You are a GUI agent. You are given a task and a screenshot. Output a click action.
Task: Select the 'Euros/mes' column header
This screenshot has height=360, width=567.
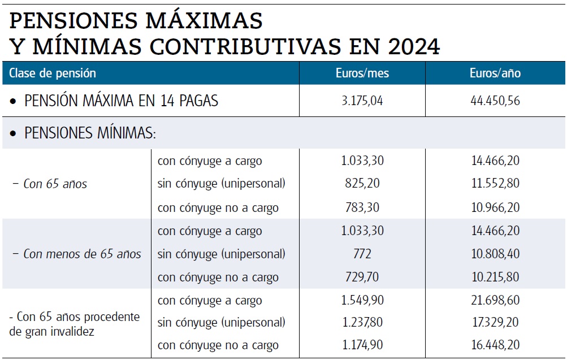pos(362,73)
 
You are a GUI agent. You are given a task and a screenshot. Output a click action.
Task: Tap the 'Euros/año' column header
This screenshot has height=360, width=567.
pos(495,73)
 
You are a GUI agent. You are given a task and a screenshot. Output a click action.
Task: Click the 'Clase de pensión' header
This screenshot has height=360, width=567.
pos(53,73)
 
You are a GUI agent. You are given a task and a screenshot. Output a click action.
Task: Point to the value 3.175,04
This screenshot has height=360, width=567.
pos(362,101)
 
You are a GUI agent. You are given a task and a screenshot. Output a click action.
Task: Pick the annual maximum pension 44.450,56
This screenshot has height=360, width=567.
pos(495,101)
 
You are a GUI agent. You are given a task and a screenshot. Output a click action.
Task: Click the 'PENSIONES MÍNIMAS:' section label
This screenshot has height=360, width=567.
pos(90,133)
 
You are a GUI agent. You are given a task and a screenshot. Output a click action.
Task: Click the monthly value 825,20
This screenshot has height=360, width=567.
pos(362,184)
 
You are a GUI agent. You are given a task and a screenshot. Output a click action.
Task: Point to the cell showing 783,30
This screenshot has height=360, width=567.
pos(362,207)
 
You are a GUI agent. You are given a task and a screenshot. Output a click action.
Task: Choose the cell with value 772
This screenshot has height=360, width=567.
pos(362,254)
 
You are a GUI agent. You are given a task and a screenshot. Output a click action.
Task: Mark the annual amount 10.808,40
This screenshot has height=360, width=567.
pos(495,254)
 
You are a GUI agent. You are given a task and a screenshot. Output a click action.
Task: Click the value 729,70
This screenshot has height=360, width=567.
pos(362,277)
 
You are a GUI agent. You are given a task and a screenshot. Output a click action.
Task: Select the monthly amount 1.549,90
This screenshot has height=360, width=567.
pos(362,301)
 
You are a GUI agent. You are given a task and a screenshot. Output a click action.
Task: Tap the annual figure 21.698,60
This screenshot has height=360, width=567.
pos(495,301)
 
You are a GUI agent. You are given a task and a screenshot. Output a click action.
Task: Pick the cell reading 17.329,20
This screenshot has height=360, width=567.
pos(495,323)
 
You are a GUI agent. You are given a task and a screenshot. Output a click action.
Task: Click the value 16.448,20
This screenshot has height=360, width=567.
pos(495,345)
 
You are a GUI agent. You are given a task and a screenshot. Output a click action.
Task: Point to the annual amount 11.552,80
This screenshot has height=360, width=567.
pos(495,184)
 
